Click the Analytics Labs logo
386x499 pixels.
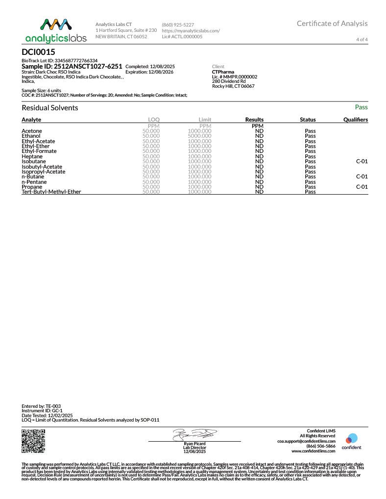coord(55,30)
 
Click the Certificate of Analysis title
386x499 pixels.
coord(332,24)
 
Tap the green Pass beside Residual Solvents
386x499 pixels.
coord(361,107)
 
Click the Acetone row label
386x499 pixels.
coord(32,131)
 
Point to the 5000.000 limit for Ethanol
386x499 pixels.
coord(199,136)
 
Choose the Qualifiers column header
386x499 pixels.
coord(356,120)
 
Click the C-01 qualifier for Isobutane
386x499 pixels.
coord(362,161)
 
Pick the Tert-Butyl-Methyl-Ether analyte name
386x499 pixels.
coord(51,192)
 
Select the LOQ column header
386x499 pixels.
coord(154,120)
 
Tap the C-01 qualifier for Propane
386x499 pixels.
coord(362,187)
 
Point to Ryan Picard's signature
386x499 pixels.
coord(194,434)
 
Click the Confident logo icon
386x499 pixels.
coord(351,439)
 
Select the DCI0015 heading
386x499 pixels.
coord(39,51)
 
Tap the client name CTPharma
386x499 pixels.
coord(223,72)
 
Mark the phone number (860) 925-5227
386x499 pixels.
coord(178,25)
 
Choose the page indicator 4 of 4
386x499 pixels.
coord(362,39)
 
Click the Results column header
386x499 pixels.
coord(254,120)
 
